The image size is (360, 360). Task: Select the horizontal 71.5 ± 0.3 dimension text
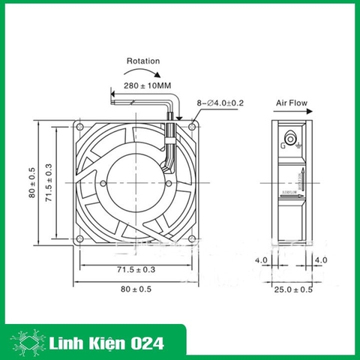pos(134,268)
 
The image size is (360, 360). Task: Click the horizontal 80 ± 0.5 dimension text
pos(134,289)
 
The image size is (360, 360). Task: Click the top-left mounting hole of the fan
pos(79,125)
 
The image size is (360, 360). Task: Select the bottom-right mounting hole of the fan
pos(193,239)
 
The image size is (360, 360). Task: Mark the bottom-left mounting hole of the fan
pos(79,239)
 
